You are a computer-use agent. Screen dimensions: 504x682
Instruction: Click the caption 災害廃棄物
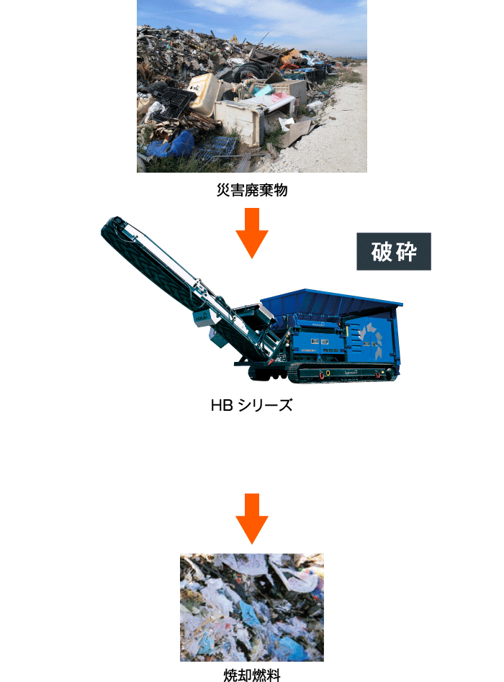252,190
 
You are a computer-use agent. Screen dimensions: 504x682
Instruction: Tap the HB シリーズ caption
251,405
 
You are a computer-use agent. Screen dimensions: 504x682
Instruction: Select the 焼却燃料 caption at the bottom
252,675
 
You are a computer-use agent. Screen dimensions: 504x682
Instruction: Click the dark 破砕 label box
394,251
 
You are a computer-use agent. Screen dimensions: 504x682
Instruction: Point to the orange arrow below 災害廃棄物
252,232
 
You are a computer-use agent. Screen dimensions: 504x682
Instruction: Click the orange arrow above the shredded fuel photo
252,519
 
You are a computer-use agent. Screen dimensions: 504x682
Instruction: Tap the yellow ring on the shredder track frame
328,373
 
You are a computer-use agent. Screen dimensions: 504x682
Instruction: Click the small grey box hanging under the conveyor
219,337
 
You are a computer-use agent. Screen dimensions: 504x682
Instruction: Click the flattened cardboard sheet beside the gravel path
297,130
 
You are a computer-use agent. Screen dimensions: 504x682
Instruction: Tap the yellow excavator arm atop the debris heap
234,38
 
